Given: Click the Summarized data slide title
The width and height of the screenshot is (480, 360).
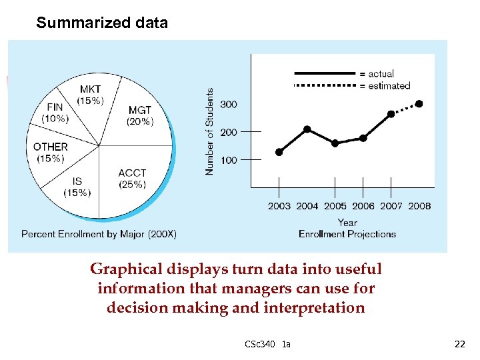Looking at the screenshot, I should tap(102, 23).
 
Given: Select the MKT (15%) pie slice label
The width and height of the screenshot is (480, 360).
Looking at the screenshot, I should tap(91, 95).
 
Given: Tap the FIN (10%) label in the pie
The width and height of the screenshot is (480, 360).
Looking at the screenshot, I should tap(55, 113).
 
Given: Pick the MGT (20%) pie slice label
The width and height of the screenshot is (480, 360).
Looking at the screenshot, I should tap(140, 115).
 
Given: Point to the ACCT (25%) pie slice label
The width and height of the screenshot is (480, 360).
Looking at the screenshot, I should tap(132, 179).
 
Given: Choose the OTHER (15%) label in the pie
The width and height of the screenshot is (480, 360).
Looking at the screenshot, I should tap(51, 152).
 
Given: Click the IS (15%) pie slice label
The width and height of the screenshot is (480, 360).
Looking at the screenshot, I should tap(77, 187).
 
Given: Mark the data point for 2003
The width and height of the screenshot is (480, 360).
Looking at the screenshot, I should tap(279, 152).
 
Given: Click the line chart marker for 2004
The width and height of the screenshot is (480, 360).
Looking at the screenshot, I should tap(307, 129).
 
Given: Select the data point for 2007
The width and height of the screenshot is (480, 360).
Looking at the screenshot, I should tap(391, 114).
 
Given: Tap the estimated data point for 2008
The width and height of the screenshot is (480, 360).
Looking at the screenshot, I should tap(419, 103).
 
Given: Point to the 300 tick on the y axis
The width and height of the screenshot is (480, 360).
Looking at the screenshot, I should tap(229, 105).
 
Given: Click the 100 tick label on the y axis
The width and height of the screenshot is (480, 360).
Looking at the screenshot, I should tap(229, 160).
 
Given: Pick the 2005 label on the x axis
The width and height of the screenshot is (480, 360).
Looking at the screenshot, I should tap(335, 206).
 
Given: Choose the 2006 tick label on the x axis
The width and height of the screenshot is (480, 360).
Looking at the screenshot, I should tap(363, 206).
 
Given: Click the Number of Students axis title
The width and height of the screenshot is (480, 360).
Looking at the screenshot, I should tap(209, 132).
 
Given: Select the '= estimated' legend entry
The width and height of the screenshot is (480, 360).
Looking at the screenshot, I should tap(385, 85).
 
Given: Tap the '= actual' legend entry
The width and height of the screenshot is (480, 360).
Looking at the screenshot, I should tap(377, 73).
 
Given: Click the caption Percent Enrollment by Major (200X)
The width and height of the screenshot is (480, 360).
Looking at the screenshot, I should tap(99, 234).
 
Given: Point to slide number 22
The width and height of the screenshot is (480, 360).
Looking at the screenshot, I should tap(459, 344).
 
